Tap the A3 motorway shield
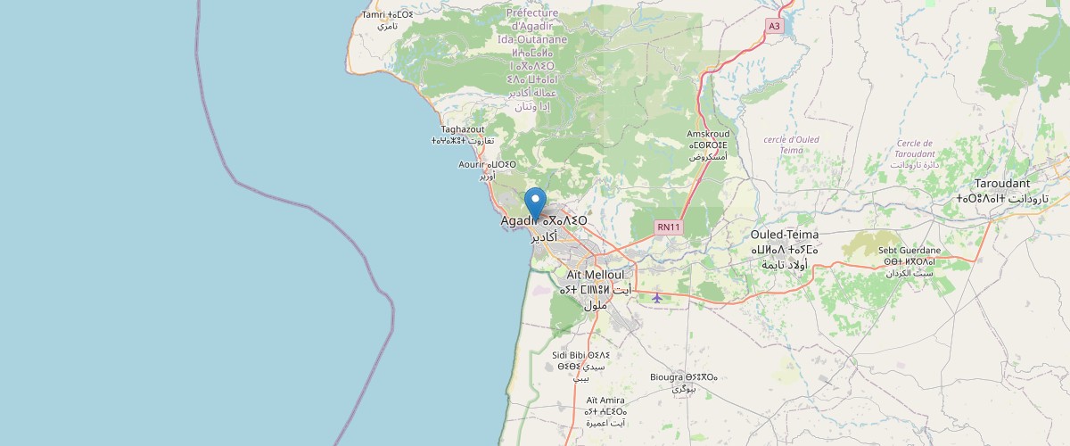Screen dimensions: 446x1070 click(774, 27)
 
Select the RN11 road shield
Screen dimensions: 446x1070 click(669, 227)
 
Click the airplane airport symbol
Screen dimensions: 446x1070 click(657, 297)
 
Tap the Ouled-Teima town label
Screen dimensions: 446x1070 click(785, 235)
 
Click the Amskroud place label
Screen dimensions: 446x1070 click(708, 134)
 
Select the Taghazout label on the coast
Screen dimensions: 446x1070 click(463, 129)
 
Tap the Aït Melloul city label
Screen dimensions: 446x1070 click(597, 275)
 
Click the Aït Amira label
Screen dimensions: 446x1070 click(605, 400)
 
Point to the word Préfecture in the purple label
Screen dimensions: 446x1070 click(531, 13)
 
